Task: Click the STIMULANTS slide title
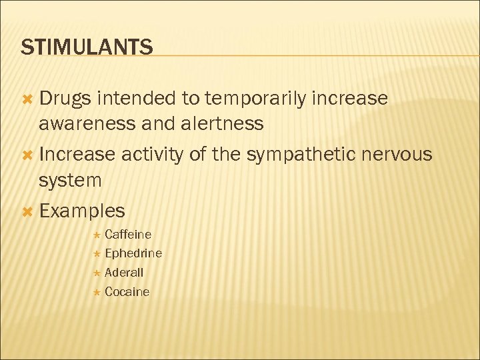(87, 47)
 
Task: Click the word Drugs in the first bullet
(65, 99)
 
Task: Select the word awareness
(90, 123)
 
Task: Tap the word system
(70, 181)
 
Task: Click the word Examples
(82, 211)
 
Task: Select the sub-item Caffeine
(128, 235)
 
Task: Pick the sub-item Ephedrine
(133, 253)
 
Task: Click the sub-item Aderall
(124, 273)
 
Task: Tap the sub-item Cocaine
(127, 292)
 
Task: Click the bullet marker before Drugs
(27, 99)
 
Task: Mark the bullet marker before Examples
(27, 211)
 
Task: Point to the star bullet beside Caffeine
(97, 235)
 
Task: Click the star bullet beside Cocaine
(97, 292)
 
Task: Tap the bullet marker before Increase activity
(27, 155)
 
